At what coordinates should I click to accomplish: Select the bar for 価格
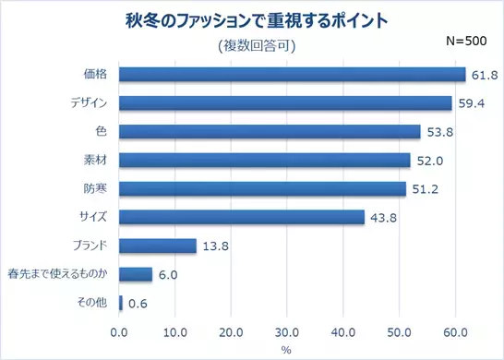(292, 75)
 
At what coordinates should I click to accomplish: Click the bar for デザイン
(285, 103)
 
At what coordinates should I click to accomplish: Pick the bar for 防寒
(262, 189)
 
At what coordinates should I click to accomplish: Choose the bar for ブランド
(158, 246)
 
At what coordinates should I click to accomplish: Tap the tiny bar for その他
(121, 303)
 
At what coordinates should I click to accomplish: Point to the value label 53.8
(438, 132)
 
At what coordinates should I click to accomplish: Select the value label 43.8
(382, 218)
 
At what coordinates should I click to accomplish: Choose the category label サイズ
(93, 218)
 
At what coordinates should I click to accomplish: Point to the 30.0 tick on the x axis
(287, 331)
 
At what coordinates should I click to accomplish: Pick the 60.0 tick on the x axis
(455, 331)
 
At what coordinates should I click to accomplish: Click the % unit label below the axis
(286, 350)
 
